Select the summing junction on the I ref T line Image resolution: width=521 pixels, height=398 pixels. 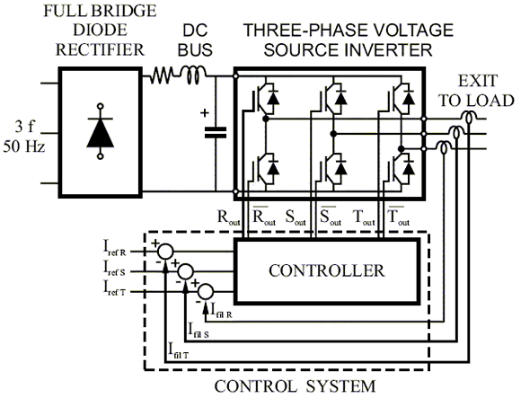[x=206, y=290]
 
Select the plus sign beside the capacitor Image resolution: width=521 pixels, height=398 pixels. [x=204, y=113]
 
